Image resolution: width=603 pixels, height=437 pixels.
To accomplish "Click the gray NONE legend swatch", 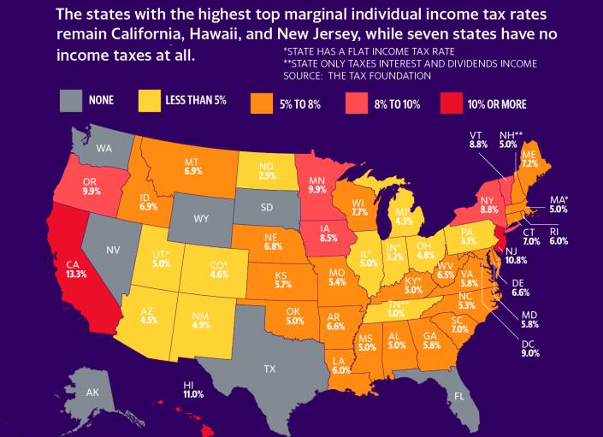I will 72,101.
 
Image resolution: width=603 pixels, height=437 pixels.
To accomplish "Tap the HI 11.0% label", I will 194,390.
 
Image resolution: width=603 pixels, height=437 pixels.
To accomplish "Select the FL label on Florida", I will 459,396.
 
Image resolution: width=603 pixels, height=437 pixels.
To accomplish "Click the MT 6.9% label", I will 192,167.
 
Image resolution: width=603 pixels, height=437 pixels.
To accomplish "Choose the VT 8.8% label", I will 478,140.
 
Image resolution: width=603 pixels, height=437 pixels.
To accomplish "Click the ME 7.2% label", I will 529,157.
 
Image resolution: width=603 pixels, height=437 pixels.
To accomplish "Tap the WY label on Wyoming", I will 201,219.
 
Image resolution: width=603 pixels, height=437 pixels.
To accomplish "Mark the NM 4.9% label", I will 199,320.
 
